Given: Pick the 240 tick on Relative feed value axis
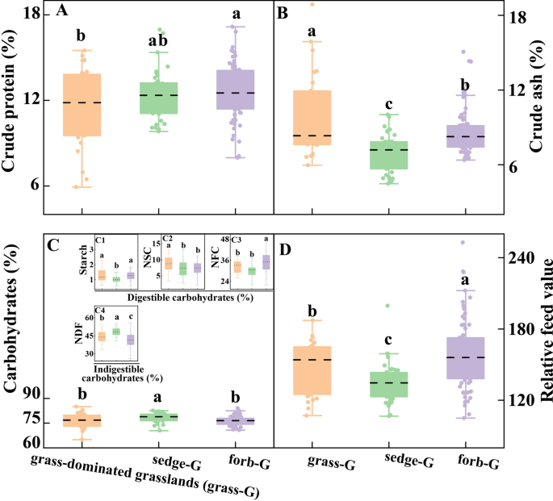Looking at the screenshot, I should [x=517, y=258].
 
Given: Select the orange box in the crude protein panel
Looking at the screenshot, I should [x=82, y=105].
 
